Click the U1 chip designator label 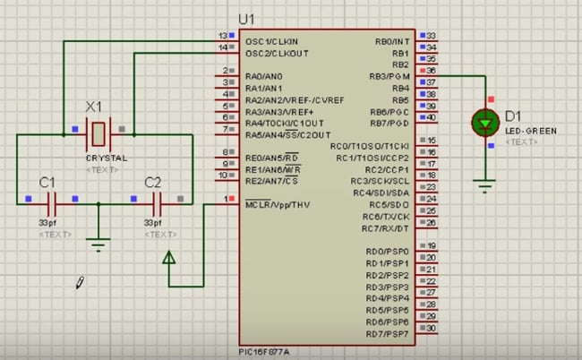(247, 20)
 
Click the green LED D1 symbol (487, 122)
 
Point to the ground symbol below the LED (487, 187)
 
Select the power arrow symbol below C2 (169, 261)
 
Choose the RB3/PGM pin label (391, 77)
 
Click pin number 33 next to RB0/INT (432, 35)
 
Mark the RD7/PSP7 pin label (388, 334)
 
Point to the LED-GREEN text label (530, 131)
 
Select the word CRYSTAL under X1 (107, 158)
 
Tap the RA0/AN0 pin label (264, 76)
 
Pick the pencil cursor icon (81, 282)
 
